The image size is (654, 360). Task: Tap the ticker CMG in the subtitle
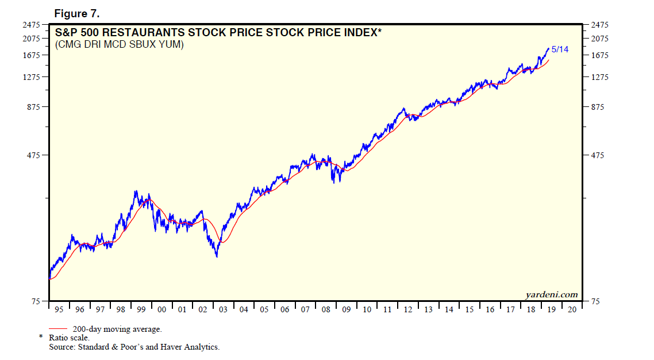69,44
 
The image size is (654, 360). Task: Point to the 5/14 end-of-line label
560,49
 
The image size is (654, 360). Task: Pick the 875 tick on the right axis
597,107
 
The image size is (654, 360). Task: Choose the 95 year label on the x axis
59,310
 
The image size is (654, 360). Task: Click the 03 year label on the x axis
223,310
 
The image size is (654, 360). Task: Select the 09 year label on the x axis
346,310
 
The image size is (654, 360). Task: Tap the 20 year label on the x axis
571,310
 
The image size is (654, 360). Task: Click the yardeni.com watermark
551,294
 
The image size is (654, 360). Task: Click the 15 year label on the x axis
469,310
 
